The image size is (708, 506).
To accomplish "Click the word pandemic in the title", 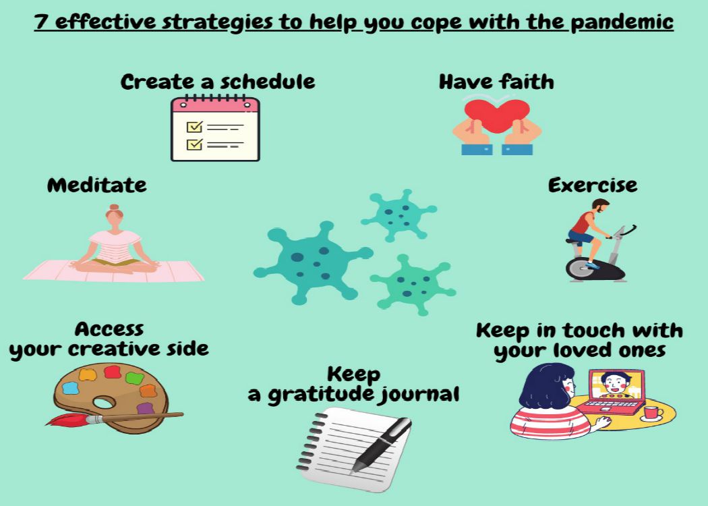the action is coord(622,22).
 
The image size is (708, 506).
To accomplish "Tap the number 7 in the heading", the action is coord(41,21).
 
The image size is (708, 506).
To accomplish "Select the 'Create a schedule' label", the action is coord(218,82).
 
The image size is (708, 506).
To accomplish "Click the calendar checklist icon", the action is coord(215,129).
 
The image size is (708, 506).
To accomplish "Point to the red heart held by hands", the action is coord(497,115).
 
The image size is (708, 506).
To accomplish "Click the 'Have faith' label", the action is coord(496,82).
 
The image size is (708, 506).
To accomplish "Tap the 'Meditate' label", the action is coord(97,186).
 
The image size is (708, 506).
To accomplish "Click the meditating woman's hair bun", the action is coord(114,207).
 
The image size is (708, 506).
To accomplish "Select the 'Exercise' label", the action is coord(593,186).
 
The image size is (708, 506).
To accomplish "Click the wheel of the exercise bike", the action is coord(580,269).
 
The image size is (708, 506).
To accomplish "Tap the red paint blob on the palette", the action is coord(113,372).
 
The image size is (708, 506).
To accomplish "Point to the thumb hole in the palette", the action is coord(105,402).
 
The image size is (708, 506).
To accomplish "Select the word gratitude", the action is coord(321,395).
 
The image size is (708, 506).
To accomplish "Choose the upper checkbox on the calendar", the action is coord(194,127).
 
